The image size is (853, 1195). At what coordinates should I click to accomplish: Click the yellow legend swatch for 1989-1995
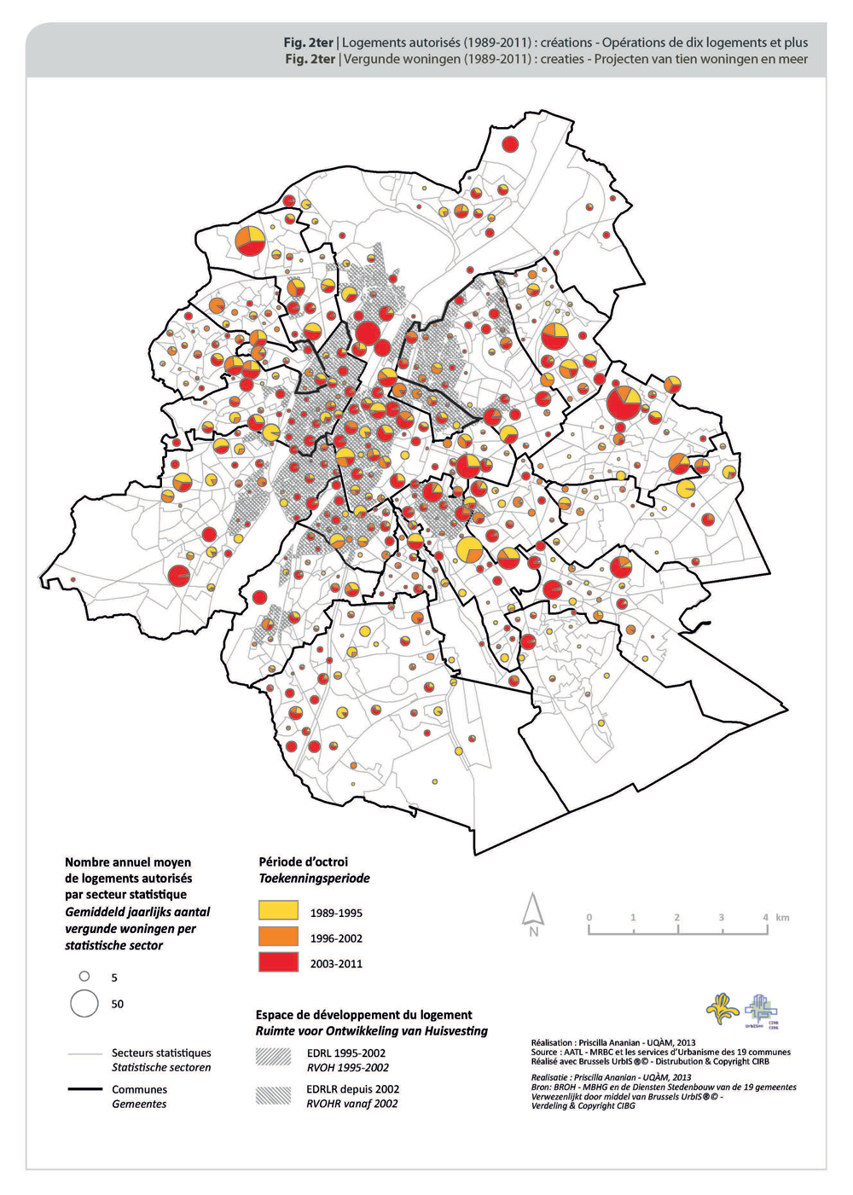(278, 910)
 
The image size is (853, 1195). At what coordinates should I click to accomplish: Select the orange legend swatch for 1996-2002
(278, 937)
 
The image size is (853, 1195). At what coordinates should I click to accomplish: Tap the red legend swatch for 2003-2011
(278, 962)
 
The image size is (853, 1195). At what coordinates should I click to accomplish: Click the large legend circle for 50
(84, 1003)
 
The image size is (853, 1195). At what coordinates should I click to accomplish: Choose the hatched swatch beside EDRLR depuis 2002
(273, 1095)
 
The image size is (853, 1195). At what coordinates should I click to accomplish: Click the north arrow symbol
(534, 913)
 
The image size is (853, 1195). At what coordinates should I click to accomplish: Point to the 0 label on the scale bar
(589, 917)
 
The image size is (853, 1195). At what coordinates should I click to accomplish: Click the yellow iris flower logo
(722, 1009)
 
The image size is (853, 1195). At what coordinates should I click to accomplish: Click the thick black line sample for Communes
(84, 1089)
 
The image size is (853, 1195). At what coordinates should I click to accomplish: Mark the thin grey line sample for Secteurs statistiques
(84, 1054)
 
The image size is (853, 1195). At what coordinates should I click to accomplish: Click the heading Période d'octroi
(303, 861)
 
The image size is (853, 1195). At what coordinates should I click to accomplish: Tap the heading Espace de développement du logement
(363, 1014)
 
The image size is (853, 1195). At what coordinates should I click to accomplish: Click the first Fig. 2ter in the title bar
(309, 42)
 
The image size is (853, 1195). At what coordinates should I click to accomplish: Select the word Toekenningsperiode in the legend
(314, 878)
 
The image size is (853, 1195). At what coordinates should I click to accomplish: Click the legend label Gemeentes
(139, 1104)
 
